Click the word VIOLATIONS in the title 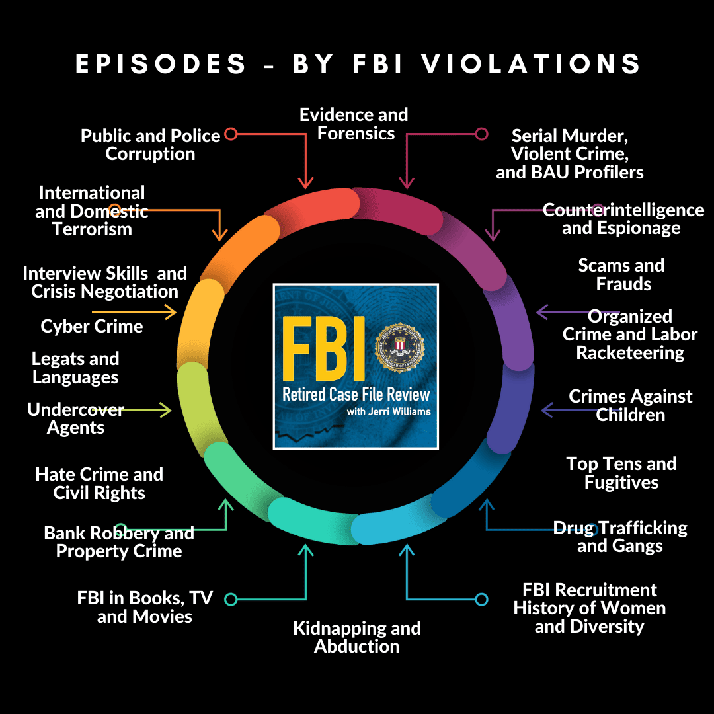(x=531, y=63)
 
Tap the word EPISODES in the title (x=161, y=63)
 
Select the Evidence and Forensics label (x=354, y=124)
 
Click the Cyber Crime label (x=92, y=326)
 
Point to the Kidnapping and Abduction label (x=357, y=637)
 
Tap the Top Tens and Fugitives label (x=621, y=473)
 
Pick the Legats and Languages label (x=75, y=368)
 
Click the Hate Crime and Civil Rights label (x=99, y=483)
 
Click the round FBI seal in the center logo (x=400, y=348)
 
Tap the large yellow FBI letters (x=324, y=348)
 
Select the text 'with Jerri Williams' (x=389, y=412)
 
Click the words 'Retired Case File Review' (x=356, y=394)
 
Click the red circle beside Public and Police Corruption (x=231, y=134)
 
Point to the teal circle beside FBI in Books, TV (x=231, y=599)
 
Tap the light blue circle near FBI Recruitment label (x=481, y=599)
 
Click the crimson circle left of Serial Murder (x=481, y=134)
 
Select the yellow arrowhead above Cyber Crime (x=171, y=312)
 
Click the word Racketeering (x=630, y=353)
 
